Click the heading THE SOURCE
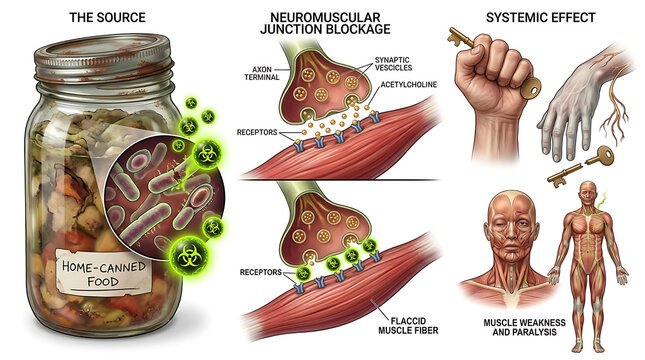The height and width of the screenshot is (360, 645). coord(107,18)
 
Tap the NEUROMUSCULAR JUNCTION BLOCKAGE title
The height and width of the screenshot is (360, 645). coord(325,23)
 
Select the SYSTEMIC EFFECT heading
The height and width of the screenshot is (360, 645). coord(541,18)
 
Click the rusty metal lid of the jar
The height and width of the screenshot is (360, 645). coord(103,58)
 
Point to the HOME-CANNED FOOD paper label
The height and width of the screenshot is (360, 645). coord(104,273)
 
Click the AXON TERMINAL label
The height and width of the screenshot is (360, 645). coord(262,73)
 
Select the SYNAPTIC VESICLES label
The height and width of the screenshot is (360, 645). coord(393,64)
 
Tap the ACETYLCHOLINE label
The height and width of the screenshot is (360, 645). coord(408,85)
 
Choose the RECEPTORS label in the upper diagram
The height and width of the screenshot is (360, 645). coord(257,132)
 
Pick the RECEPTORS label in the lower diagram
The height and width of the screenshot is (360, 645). coord(260,272)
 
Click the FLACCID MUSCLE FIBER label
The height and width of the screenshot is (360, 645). coord(408,325)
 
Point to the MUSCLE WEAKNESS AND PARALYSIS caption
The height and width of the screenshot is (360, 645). coord(524,327)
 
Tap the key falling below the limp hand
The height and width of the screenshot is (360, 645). coord(580,166)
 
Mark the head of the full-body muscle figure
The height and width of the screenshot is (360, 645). coord(588,193)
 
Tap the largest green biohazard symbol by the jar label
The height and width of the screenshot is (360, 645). coord(189,257)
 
